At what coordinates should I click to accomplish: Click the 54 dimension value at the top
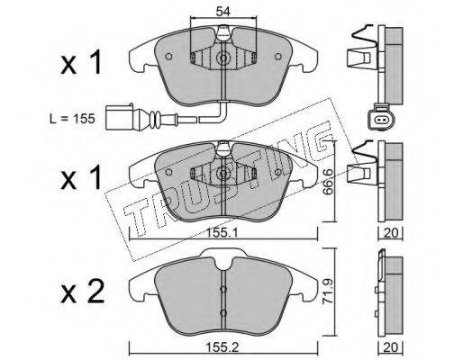click(x=222, y=12)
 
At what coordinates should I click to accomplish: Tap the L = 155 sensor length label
click(x=72, y=119)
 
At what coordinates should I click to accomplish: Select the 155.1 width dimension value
click(x=222, y=232)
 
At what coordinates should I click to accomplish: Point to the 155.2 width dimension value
click(x=222, y=347)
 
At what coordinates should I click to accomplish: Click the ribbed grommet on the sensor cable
click(x=156, y=118)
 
